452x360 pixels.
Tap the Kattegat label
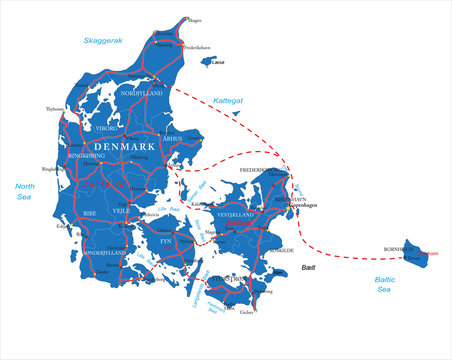point(228,101)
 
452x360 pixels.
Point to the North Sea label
point(24,192)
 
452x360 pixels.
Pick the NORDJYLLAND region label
point(141,94)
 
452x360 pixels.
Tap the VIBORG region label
point(106,129)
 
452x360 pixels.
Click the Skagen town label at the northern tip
point(195,20)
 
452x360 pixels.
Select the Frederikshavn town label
point(196,47)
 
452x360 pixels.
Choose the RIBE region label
point(90,213)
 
